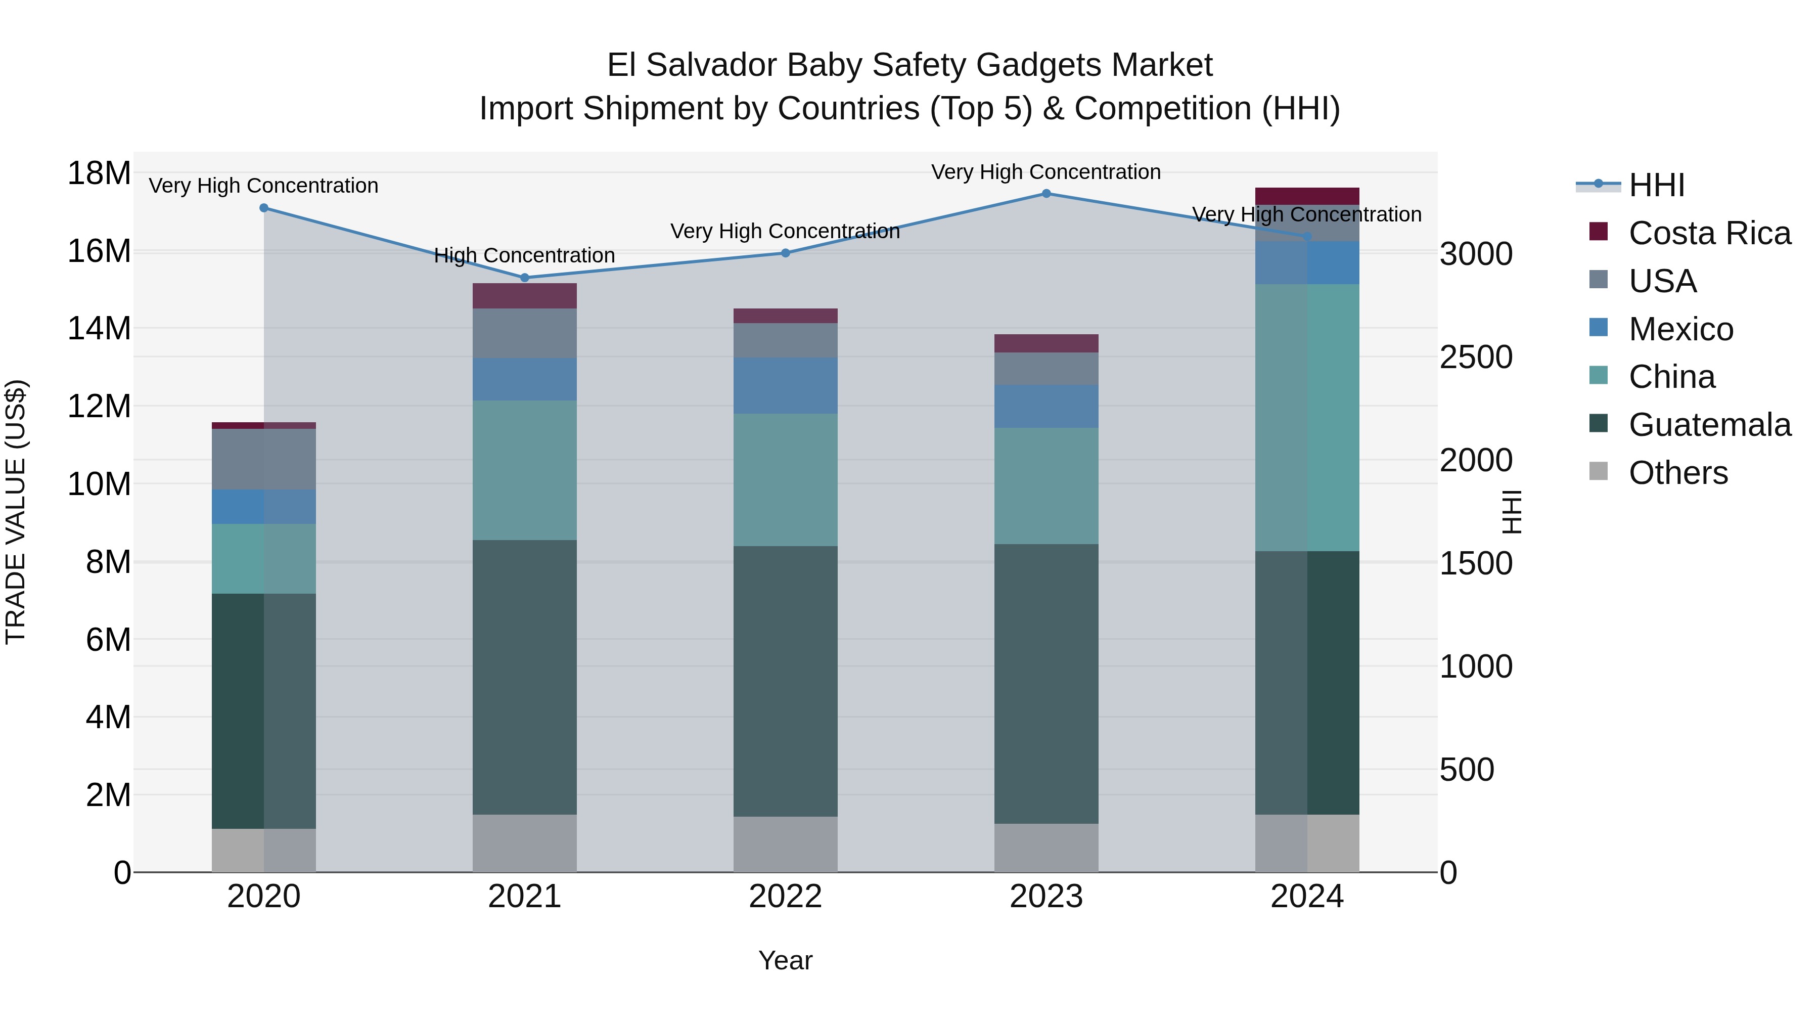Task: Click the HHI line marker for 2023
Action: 1046,194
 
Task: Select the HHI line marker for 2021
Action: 524,278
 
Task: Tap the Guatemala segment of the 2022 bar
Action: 785,681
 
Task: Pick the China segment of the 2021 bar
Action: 524,471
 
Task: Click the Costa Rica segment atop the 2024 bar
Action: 1307,196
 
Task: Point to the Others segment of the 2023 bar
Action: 1046,848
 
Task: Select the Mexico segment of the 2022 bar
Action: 785,386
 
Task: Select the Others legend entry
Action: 1677,473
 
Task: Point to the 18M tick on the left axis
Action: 99,173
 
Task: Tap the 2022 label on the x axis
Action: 785,897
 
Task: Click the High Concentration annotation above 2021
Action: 524,255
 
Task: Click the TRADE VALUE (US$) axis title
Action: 16,512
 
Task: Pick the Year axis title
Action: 785,960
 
